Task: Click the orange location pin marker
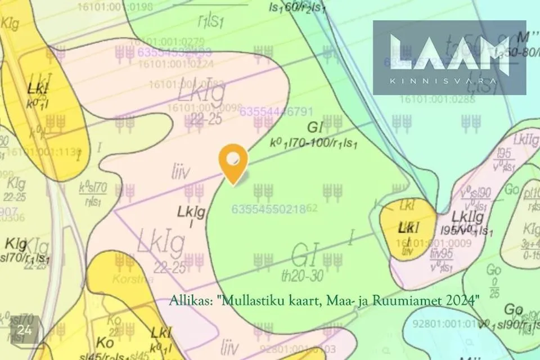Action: (x=233, y=161)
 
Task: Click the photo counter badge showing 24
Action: (x=24, y=330)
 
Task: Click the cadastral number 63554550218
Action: (x=269, y=209)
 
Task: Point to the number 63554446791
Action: (x=276, y=112)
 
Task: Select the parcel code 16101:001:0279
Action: (x=167, y=41)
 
